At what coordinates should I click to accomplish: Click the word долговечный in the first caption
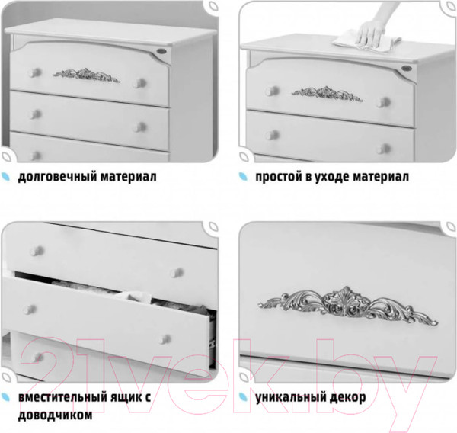click(x=57, y=177)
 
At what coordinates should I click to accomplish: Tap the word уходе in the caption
click(x=333, y=177)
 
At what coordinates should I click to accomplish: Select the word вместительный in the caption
click(x=62, y=397)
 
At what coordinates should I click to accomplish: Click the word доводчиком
click(x=55, y=415)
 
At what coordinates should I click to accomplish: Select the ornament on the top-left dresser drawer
click(x=87, y=75)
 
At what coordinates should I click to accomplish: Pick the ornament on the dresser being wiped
click(x=327, y=94)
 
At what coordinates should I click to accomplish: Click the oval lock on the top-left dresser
click(x=161, y=52)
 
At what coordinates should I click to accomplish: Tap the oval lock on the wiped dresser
click(x=406, y=69)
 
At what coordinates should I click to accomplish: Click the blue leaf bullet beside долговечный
click(x=5, y=177)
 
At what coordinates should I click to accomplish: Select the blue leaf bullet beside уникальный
click(x=244, y=397)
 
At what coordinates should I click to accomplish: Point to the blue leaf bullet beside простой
click(x=244, y=177)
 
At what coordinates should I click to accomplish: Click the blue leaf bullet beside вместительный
click(x=5, y=397)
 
